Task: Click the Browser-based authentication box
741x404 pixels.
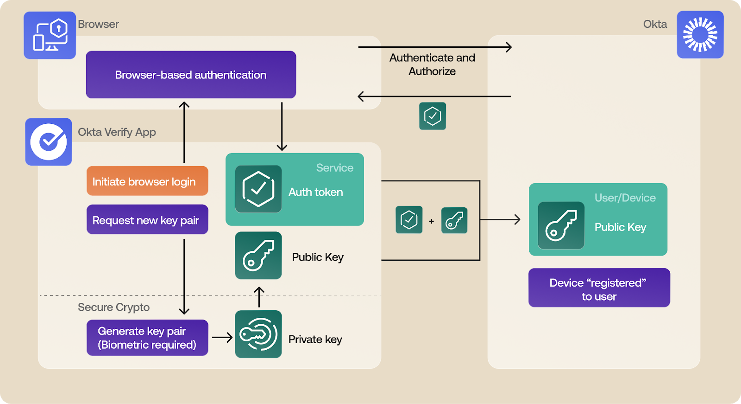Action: [191, 75]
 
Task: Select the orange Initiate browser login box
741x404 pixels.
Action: [147, 181]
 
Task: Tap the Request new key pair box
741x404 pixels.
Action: [147, 220]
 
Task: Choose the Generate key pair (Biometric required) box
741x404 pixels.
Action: [147, 338]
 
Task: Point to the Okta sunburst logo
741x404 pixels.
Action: [700, 35]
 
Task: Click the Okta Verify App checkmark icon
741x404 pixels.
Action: [49, 141]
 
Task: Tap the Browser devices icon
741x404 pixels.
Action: [50, 35]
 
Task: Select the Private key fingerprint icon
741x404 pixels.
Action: [258, 334]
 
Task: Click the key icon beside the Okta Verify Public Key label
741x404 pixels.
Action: [258, 256]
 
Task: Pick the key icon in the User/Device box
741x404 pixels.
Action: [561, 225]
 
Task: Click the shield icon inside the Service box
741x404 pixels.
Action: [258, 189]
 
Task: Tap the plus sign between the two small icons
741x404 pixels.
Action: [432, 221]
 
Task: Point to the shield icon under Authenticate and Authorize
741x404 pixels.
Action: [433, 116]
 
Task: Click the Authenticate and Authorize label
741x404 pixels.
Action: [432, 64]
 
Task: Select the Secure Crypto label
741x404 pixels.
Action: [113, 307]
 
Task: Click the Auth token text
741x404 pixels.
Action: [316, 192]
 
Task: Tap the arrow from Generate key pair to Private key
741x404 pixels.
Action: [222, 338]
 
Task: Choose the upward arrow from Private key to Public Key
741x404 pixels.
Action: [259, 297]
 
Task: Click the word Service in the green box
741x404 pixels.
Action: [334, 168]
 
